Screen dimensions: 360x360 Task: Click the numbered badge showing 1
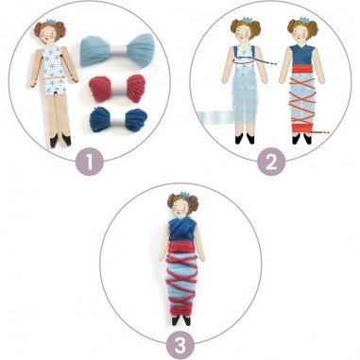pos(89,161)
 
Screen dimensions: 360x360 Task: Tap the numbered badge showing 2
pos(271,161)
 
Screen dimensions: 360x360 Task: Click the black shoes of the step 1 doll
pos(53,139)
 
